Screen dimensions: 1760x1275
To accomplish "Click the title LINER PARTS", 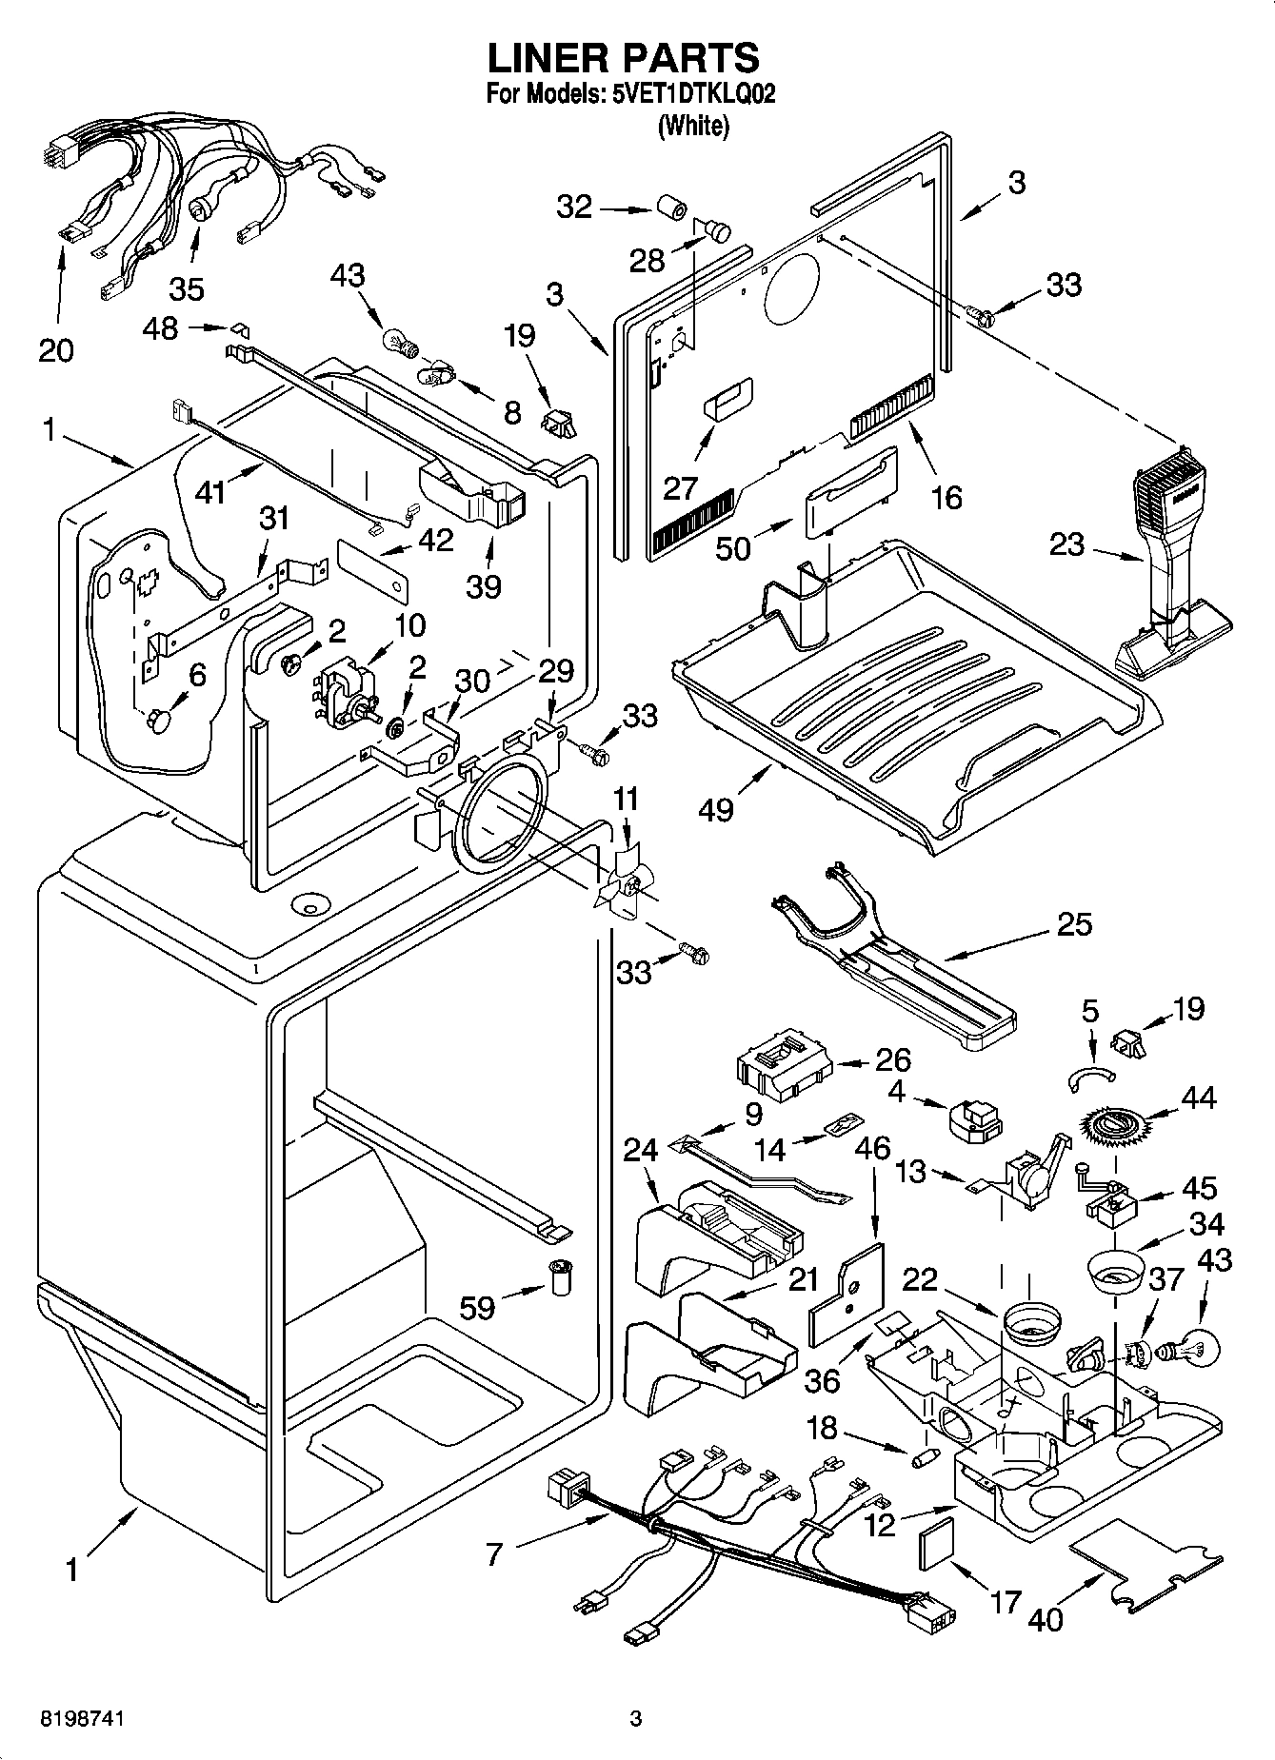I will (x=624, y=59).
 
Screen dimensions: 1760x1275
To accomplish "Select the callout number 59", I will (x=477, y=1307).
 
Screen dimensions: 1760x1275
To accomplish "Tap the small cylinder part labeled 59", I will (x=561, y=1276).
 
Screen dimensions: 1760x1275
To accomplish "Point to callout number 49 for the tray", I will (x=715, y=809).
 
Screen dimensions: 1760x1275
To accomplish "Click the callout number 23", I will (x=1066, y=544).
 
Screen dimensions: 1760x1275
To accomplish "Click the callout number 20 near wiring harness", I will (x=56, y=350).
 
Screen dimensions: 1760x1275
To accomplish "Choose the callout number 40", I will (x=1046, y=1618).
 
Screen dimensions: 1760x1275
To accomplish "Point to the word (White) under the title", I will (x=693, y=126).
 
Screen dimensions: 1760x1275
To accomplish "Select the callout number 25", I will (x=1074, y=923).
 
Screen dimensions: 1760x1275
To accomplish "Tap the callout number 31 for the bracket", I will (x=274, y=519).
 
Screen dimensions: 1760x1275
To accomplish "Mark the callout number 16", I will (x=946, y=497).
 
